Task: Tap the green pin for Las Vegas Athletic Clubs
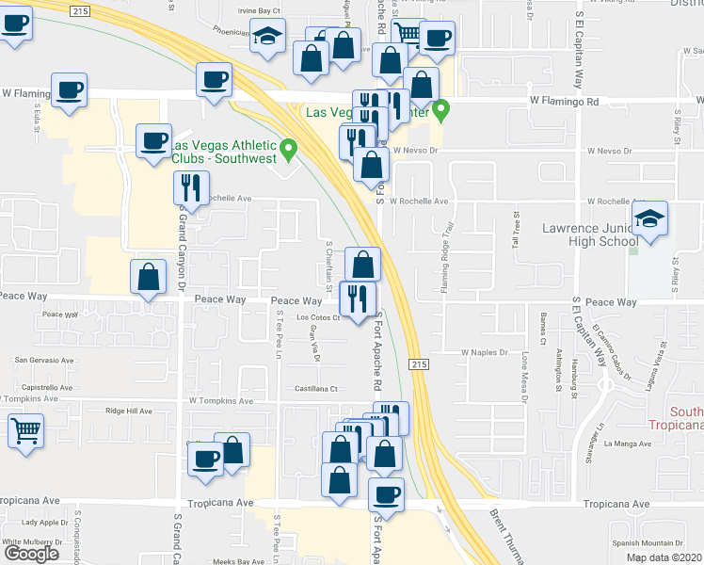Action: click(x=290, y=147)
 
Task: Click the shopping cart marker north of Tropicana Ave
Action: click(x=26, y=432)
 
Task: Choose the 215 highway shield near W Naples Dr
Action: click(x=416, y=363)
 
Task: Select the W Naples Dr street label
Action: click(x=484, y=352)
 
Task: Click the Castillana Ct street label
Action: click(x=315, y=388)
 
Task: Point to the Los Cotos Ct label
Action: click(x=317, y=317)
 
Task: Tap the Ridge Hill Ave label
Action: click(x=128, y=411)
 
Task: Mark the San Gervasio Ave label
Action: click(x=44, y=360)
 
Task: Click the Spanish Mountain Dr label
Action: click(x=646, y=543)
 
